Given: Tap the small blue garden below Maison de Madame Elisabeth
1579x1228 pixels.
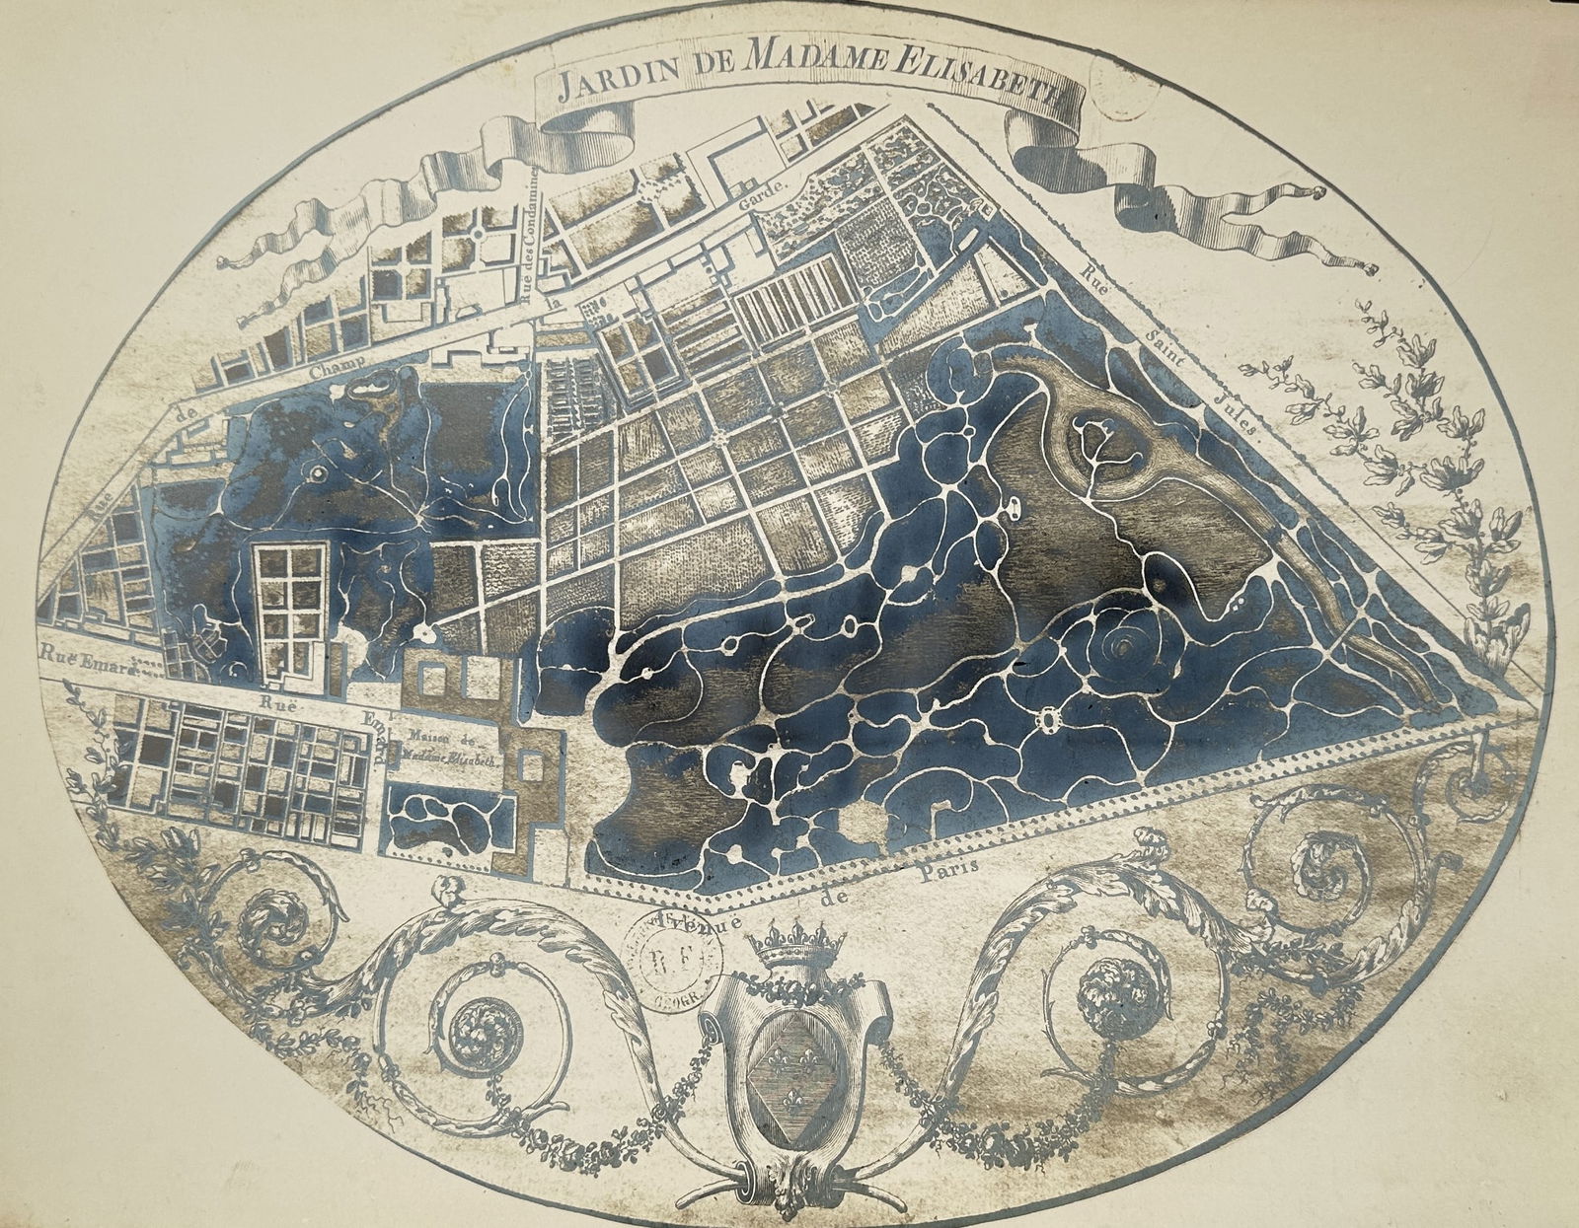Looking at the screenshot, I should point(449,821).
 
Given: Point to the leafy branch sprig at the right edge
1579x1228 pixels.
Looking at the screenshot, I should point(1421,434).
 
